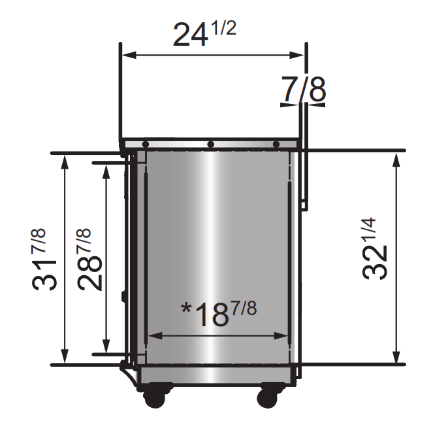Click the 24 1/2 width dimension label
click(204, 34)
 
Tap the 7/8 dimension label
click(304, 89)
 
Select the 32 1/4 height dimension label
click(375, 248)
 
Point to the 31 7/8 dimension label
click(44, 259)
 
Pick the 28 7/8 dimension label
click(89, 259)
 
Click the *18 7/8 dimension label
click(219, 314)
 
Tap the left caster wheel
click(154, 397)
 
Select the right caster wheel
click(268, 397)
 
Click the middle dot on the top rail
click(210, 144)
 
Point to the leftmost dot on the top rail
click(145, 144)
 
